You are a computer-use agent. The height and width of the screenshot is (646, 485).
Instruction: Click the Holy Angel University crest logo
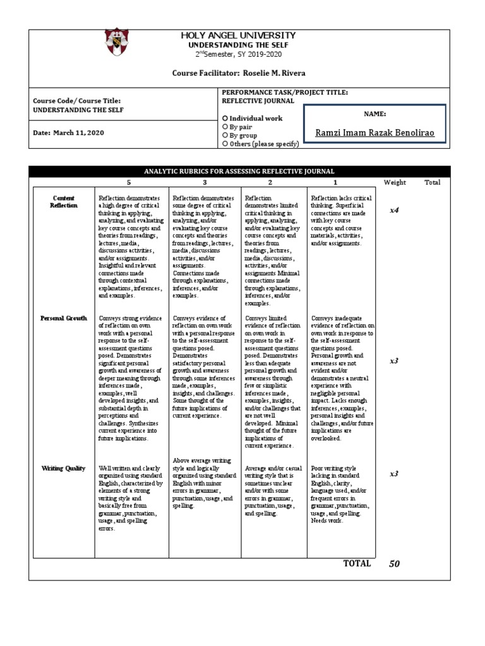(x=118, y=42)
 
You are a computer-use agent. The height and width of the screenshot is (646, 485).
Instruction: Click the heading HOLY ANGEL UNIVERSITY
(x=238, y=36)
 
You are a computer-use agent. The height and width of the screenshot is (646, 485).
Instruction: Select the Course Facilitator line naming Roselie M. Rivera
(x=239, y=73)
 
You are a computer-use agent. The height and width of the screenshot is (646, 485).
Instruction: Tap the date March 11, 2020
(x=69, y=132)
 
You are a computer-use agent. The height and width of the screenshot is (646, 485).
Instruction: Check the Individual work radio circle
(x=225, y=119)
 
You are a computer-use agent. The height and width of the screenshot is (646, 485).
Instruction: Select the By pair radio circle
(x=225, y=127)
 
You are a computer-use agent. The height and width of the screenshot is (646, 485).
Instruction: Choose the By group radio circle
(x=225, y=135)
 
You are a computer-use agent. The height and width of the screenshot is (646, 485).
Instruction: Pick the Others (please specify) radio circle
(x=225, y=144)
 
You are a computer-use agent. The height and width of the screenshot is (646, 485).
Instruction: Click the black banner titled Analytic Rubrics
(x=239, y=171)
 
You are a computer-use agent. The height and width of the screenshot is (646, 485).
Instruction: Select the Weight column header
(x=395, y=182)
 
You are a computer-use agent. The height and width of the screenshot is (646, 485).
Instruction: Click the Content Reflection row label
(x=64, y=201)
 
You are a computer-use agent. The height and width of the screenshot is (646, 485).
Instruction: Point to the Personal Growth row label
(x=64, y=318)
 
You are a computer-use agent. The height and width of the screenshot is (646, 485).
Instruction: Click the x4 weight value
(x=394, y=210)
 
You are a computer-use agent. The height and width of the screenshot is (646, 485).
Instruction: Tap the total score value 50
(x=395, y=564)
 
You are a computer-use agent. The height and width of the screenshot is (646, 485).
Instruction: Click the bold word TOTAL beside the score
(x=357, y=563)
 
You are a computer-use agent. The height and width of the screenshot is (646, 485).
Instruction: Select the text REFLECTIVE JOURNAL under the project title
(x=258, y=101)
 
